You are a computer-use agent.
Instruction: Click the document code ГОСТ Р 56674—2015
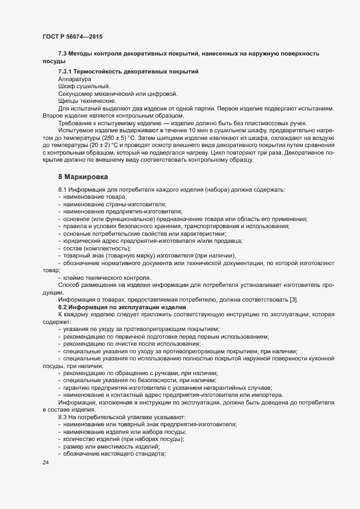tap(72, 36)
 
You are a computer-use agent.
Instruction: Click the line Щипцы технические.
tap(86, 101)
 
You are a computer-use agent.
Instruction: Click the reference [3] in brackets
tap(292, 299)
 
